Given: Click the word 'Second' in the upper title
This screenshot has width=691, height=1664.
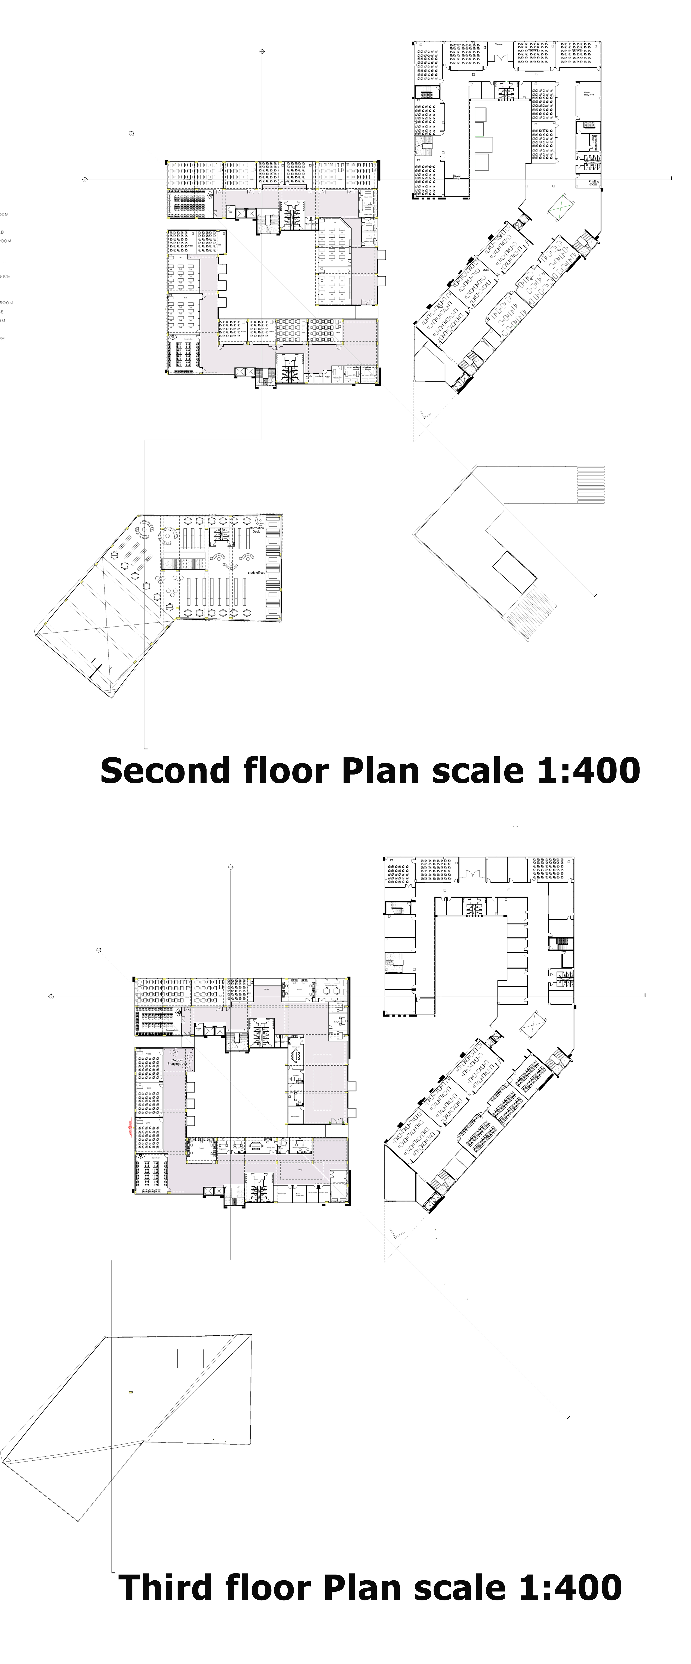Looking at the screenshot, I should point(165,771).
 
